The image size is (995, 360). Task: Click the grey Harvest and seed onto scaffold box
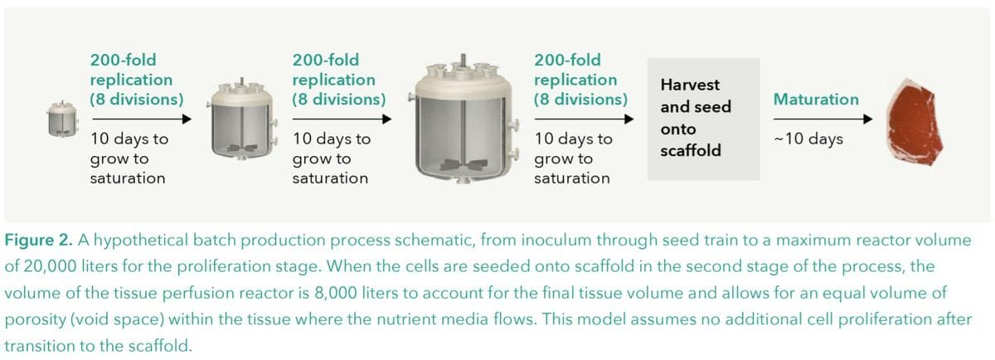point(703,119)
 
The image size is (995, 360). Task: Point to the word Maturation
point(815,100)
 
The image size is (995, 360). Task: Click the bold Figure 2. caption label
point(40,241)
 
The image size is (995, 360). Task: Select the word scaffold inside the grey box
point(690,151)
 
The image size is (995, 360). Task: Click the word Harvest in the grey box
point(690,85)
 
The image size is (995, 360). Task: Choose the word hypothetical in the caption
point(136,241)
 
